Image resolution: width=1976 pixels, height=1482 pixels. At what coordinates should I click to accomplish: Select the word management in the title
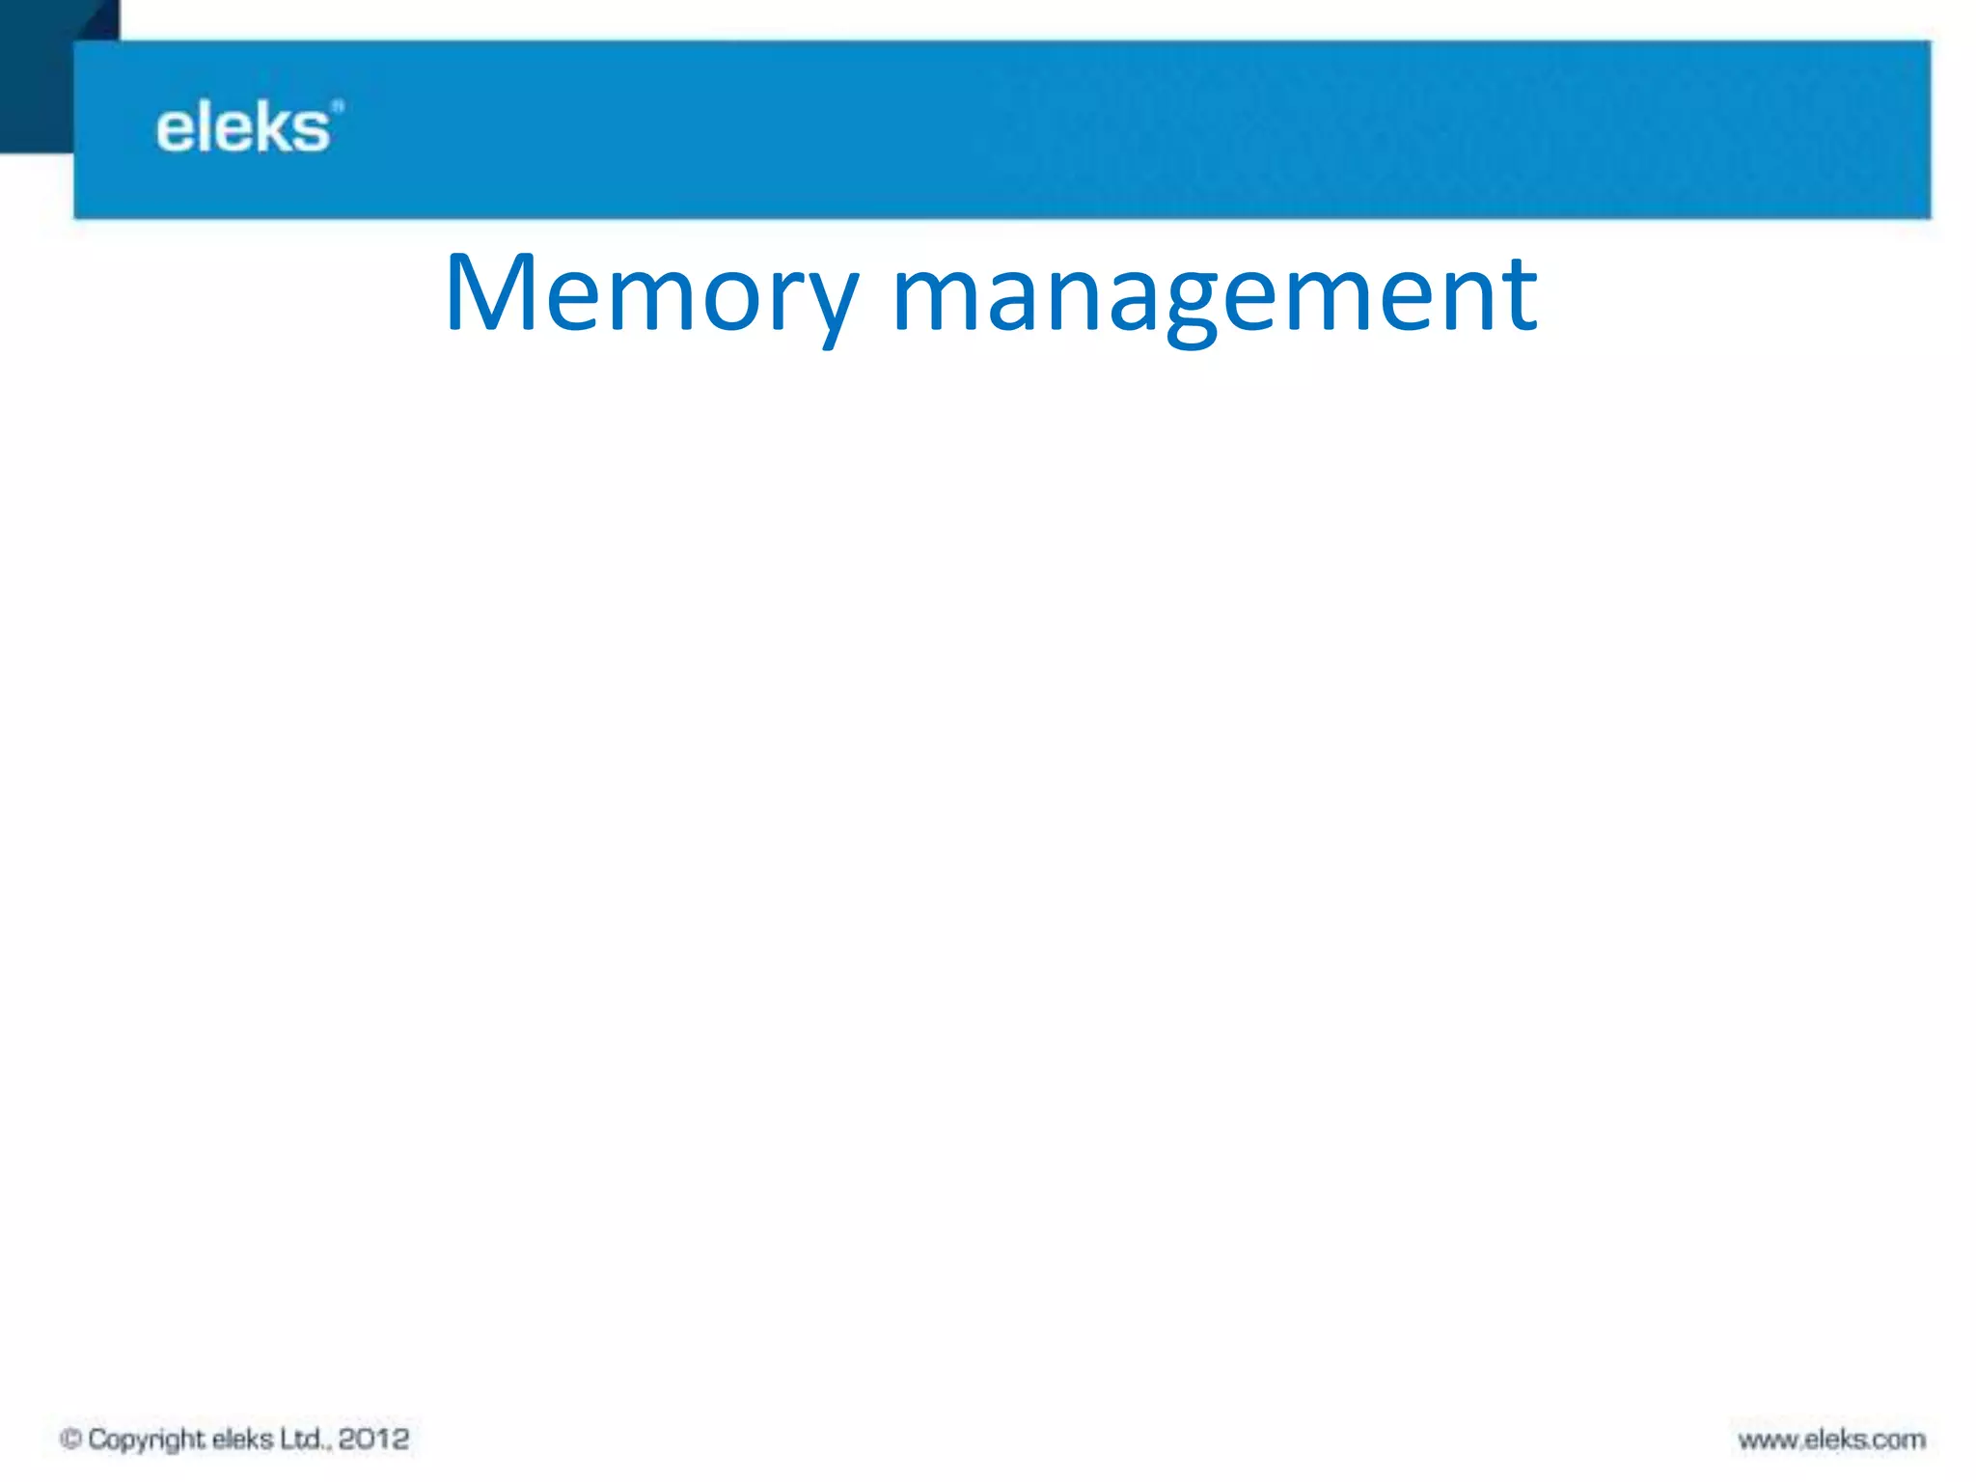pos(1215,293)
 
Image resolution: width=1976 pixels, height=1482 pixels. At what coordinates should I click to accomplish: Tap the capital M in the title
pos(489,291)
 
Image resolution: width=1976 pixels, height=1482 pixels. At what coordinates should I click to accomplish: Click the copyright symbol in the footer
pos(70,1439)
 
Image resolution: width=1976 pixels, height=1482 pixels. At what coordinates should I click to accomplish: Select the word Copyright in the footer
pos(146,1440)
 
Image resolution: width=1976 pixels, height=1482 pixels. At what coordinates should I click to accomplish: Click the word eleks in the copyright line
pos(242,1439)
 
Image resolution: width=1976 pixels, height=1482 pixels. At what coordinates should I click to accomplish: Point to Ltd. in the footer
pos(304,1439)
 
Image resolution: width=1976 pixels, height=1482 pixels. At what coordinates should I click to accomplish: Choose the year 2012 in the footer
pos(373,1439)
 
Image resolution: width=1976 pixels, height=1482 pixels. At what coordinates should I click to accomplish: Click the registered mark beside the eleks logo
pos(337,106)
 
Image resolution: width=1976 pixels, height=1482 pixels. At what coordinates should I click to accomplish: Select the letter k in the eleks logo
pos(274,127)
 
